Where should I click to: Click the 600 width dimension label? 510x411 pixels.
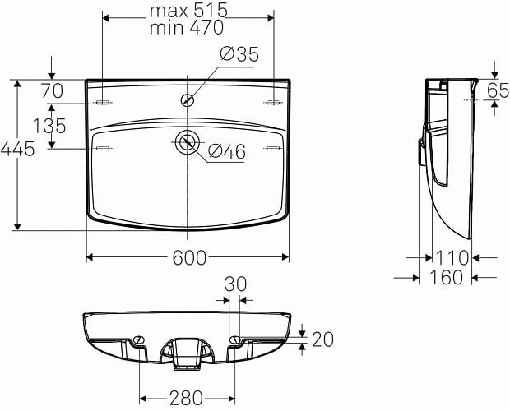pyautogui.click(x=189, y=258)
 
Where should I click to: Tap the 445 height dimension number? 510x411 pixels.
pyautogui.click(x=17, y=150)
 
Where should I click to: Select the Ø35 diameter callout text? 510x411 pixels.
pyautogui.click(x=239, y=54)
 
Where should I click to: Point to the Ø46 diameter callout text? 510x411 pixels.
pyautogui.click(x=227, y=152)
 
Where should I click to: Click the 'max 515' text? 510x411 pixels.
pyautogui.click(x=188, y=11)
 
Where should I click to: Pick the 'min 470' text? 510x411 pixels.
pyautogui.click(x=187, y=27)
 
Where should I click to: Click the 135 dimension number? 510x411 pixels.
pyautogui.click(x=49, y=126)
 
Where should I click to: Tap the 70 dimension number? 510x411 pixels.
pyautogui.click(x=52, y=91)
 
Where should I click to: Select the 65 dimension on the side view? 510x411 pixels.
pyautogui.click(x=498, y=90)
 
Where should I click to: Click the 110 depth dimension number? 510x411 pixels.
pyautogui.click(x=452, y=258)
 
